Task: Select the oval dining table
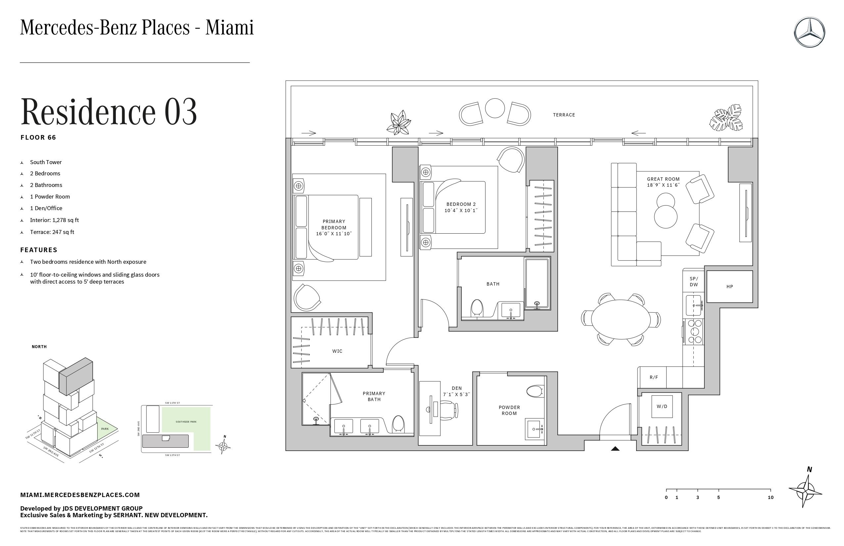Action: [620, 319]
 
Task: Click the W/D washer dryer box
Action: [662, 406]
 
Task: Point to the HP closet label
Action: [729, 287]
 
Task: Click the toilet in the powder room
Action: [535, 391]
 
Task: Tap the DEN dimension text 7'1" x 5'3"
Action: [456, 394]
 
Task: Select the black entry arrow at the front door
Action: [615, 448]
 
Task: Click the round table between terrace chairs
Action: [494, 108]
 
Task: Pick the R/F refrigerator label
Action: [654, 377]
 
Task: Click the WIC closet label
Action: [337, 351]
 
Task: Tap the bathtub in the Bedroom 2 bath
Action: [537, 283]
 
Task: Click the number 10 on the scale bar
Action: [770, 497]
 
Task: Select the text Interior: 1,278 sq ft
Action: [54, 220]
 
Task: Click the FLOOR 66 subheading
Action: [38, 138]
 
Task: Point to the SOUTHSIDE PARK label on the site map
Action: [186, 422]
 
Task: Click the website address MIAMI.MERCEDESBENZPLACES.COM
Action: [80, 495]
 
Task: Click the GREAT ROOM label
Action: [663, 179]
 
